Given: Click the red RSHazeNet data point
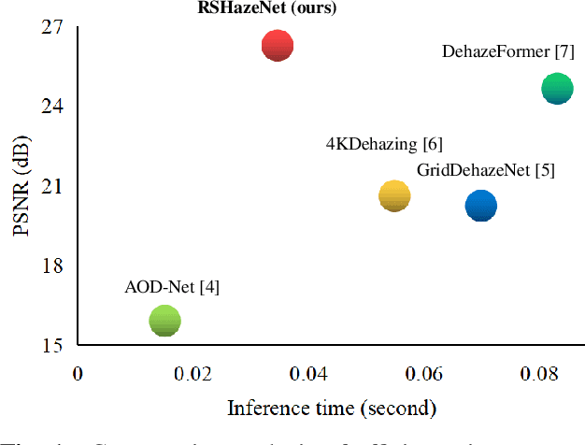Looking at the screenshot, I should (277, 45).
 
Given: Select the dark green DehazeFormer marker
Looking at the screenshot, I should (557, 89).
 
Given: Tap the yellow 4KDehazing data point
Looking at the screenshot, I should (394, 195).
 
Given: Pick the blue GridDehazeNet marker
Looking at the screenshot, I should (480, 206).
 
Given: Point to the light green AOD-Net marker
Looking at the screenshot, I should (164, 321).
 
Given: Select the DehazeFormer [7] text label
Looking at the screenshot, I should (507, 52).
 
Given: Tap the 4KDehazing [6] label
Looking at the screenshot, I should (384, 144).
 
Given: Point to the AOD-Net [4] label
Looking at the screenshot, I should (172, 287).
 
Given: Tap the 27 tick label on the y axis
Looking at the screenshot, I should (51, 27).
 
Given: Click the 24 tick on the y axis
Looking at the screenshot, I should (51, 107).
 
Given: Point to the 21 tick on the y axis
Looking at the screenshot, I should (51, 186).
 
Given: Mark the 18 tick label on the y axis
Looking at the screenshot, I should (51, 266).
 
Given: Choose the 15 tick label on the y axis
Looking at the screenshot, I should (51, 345).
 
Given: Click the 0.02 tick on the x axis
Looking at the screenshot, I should (193, 374).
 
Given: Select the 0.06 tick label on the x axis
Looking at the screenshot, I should (424, 374).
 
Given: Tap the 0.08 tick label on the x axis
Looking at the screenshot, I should (539, 374).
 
